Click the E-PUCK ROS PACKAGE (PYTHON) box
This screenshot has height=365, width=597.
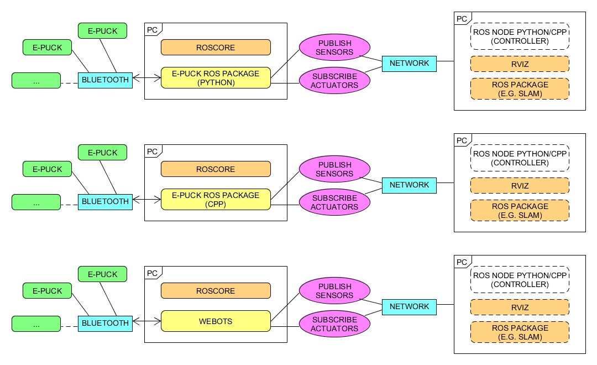(216, 78)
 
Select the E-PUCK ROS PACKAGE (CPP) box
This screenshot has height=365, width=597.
(216, 199)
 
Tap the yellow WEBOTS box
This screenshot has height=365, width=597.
(216, 321)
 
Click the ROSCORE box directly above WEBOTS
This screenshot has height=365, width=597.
(216, 291)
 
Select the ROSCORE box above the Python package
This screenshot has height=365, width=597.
(216, 47)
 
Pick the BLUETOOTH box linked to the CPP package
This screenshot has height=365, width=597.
(105, 202)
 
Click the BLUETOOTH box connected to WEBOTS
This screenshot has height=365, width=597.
(105, 324)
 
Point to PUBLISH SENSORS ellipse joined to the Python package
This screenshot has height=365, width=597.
(334, 47)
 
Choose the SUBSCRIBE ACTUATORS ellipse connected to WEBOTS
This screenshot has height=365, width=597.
(334, 324)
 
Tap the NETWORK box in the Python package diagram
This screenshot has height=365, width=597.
(409, 64)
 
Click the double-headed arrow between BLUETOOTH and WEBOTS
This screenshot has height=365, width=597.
(146, 321)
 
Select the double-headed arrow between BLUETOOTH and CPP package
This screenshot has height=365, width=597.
(146, 200)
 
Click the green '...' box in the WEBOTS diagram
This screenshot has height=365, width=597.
(36, 324)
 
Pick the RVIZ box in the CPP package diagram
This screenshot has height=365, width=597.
(520, 186)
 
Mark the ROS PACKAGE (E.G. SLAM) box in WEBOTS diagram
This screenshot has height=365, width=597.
(520, 332)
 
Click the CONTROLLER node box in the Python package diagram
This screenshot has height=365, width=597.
(520, 36)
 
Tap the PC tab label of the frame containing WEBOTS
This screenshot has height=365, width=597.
(153, 273)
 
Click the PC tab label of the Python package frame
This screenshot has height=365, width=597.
(153, 30)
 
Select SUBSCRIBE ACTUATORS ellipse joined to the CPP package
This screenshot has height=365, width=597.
(334, 202)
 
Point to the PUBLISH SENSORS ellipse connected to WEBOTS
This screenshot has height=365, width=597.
(334, 291)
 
